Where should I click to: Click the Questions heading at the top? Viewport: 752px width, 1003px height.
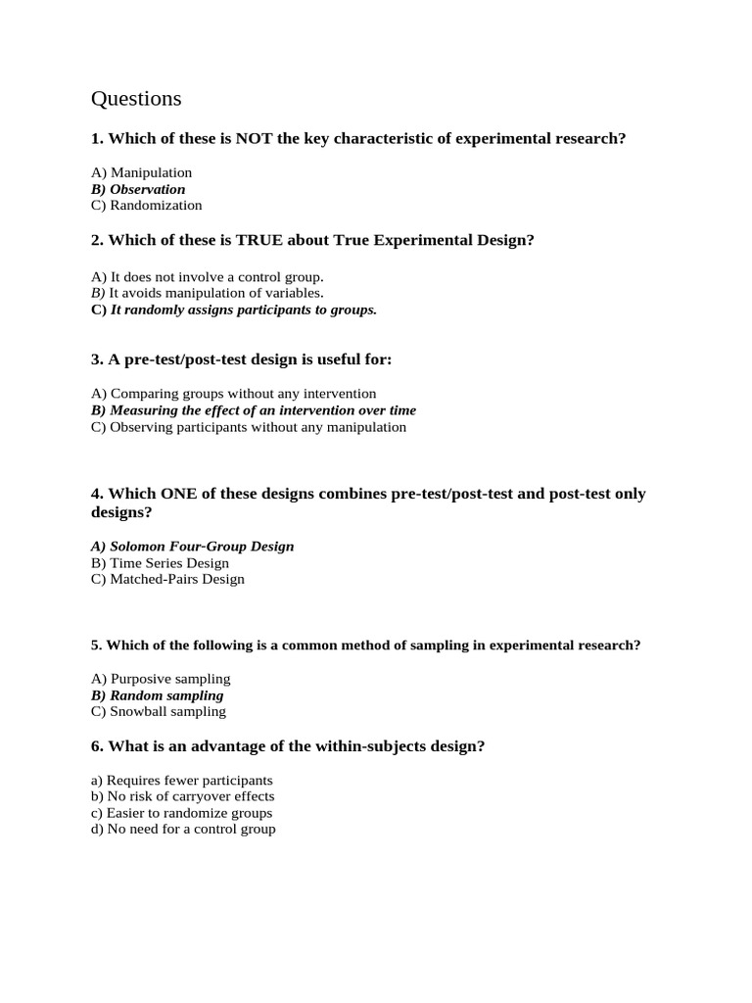(x=136, y=99)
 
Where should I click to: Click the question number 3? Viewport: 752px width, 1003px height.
(x=97, y=360)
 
